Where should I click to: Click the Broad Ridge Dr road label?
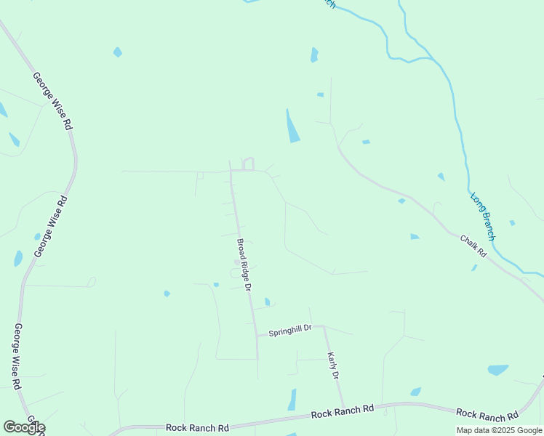click(x=244, y=265)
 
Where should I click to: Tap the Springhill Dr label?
click(x=290, y=331)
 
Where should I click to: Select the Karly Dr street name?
click(x=333, y=366)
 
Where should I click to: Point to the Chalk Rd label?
click(x=473, y=247)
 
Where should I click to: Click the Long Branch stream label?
click(x=483, y=217)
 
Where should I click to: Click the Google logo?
click(x=23, y=427)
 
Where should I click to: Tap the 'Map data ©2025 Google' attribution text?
click(x=500, y=430)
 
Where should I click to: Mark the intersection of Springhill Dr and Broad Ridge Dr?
click(x=257, y=336)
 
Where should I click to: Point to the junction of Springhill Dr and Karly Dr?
click(x=324, y=327)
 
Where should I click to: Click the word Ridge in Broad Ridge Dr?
click(x=244, y=266)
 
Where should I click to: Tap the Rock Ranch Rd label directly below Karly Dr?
click(x=342, y=412)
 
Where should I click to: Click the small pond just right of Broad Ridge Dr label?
click(x=268, y=302)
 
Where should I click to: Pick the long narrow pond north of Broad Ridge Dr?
click(x=292, y=127)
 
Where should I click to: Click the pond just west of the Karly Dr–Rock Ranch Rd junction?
click(x=292, y=400)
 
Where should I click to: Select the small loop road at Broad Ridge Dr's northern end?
click(x=248, y=163)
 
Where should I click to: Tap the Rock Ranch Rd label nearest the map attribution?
click(x=489, y=415)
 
